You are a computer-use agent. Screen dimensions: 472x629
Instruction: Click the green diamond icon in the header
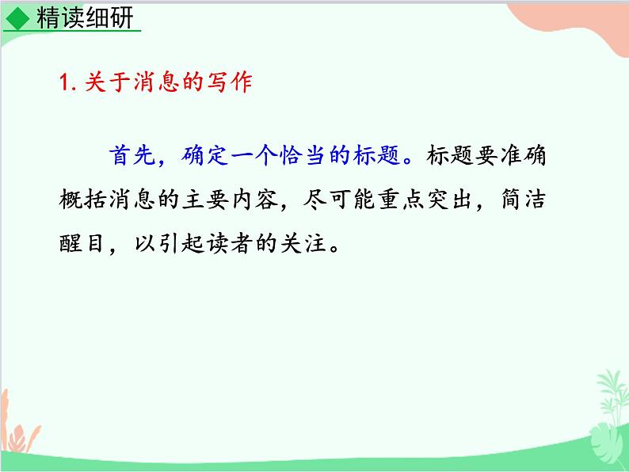[17, 17]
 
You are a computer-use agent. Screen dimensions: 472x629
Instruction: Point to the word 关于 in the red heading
[102, 82]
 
